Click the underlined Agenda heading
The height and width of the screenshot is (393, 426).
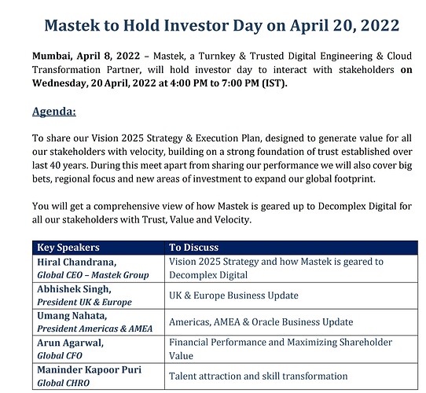coord(54,112)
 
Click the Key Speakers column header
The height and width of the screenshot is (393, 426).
coord(68,248)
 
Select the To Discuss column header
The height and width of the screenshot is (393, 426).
coord(193,248)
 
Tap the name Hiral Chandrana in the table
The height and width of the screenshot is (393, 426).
coord(76,262)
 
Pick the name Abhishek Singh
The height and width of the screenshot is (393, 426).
coord(74,289)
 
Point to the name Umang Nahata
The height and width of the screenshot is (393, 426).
coord(72,316)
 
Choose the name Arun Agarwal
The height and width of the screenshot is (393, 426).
coord(71,343)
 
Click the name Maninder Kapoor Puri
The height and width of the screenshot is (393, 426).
coord(89,370)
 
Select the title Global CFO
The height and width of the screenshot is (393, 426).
coord(60,356)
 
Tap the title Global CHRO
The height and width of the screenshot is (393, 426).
coord(64,383)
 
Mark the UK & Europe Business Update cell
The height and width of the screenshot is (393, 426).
coord(233,296)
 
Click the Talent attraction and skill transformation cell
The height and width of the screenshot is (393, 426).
coord(258,376)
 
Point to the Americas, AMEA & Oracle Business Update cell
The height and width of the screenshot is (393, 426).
coord(261,322)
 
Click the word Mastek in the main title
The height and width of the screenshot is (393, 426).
coord(72,25)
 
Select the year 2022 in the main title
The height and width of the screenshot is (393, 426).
coord(380,25)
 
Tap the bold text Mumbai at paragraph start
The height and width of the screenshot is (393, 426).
coord(52,56)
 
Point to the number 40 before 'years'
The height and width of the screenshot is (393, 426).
coord(54,165)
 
